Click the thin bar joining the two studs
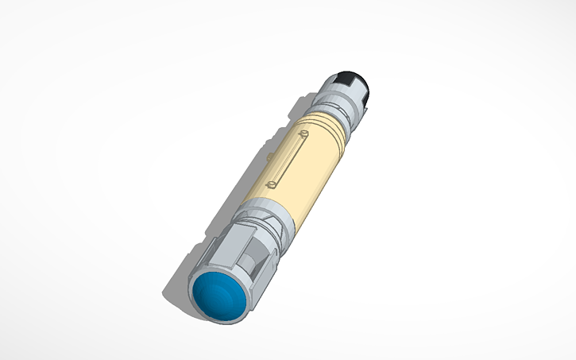coord(288,161)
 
